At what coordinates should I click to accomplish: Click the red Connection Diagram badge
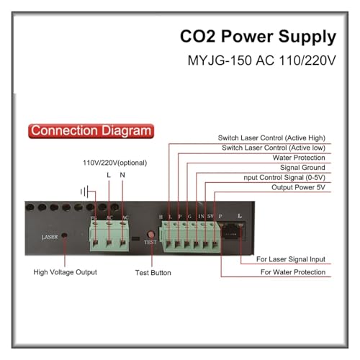91,131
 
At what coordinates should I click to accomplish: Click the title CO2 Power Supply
258,37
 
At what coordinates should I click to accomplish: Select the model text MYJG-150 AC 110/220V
261,60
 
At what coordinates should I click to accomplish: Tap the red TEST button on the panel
150,234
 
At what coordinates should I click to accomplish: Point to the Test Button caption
153,273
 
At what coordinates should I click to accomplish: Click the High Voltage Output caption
65,272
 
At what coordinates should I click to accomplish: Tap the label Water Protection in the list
299,158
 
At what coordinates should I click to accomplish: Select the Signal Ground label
302,168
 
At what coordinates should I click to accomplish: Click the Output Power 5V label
298,187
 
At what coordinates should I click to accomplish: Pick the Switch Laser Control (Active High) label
271,138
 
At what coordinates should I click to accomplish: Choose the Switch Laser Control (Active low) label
274,148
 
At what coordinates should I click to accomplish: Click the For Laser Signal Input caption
291,259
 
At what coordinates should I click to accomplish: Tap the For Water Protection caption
293,272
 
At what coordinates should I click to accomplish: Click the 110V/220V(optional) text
114,163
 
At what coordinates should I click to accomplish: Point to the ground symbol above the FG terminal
85,192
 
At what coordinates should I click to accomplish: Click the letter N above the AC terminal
122,175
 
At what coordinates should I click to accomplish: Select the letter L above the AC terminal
109,175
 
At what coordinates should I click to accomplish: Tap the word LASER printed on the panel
50,237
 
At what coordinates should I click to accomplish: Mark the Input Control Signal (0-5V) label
284,178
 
